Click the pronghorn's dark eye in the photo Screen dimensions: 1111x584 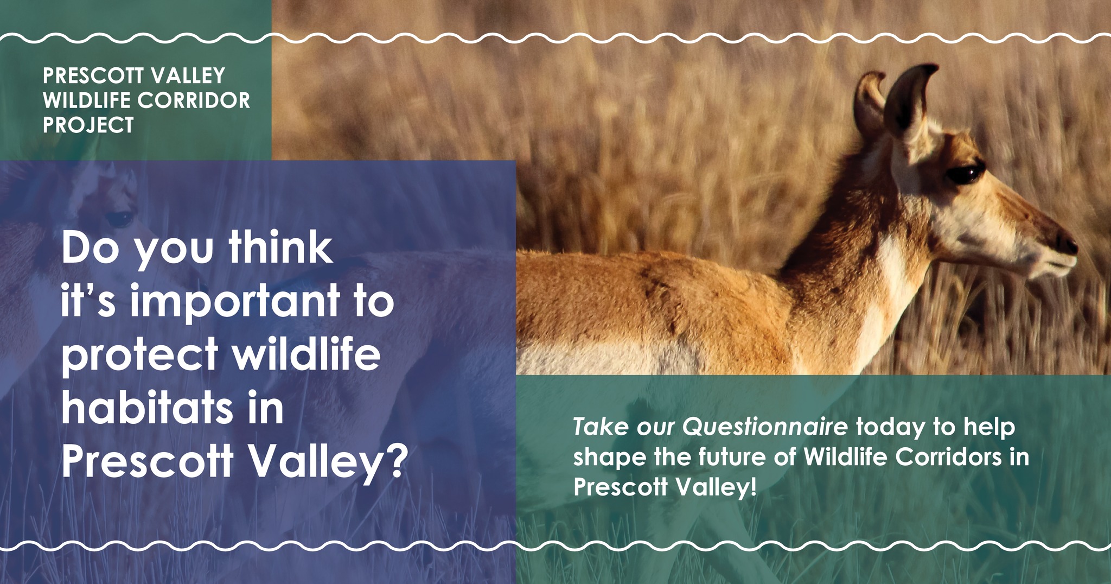click(x=965, y=175)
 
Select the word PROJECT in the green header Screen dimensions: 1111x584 click(x=88, y=125)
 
